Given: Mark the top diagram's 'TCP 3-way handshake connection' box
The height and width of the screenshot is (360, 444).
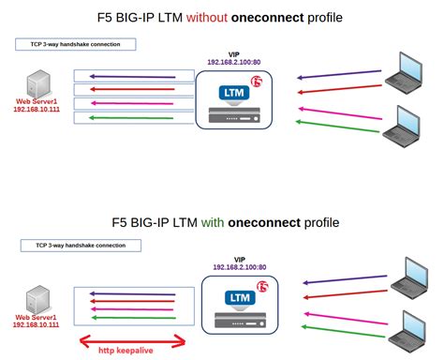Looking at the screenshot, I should pyautogui.click(x=76, y=44).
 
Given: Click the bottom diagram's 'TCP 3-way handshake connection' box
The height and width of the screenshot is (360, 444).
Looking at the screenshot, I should pyautogui.click(x=81, y=245).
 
